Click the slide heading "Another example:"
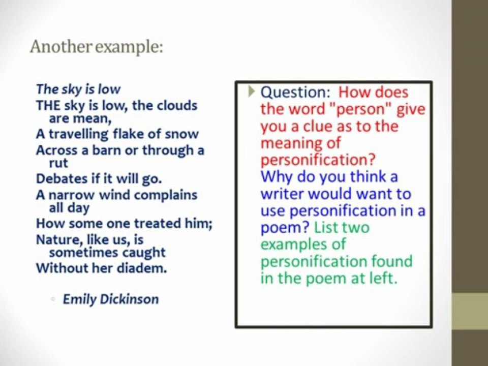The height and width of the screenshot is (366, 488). point(96,47)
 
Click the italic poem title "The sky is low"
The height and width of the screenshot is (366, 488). point(78,89)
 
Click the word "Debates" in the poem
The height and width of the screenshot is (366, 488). point(57,179)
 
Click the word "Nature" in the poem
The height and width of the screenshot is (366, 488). point(54,239)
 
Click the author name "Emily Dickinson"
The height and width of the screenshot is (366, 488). point(110,299)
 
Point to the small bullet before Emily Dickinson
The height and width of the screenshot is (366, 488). point(53,300)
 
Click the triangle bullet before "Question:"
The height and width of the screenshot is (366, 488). point(251,91)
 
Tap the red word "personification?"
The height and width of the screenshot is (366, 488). point(318,160)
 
